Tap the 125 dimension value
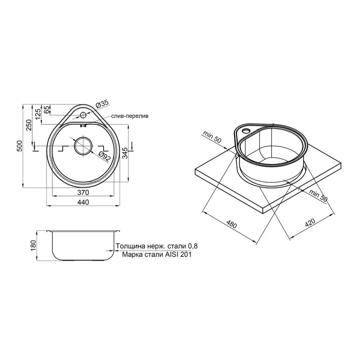click(x=38, y=114)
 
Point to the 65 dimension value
click(x=47, y=109)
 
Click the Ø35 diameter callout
click(x=102, y=105)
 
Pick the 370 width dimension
click(x=83, y=193)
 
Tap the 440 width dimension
click(x=83, y=202)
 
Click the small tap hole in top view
click(x=83, y=115)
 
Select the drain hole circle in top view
click(x=83, y=145)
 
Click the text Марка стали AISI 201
click(x=156, y=254)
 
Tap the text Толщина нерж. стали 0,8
click(x=156, y=246)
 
